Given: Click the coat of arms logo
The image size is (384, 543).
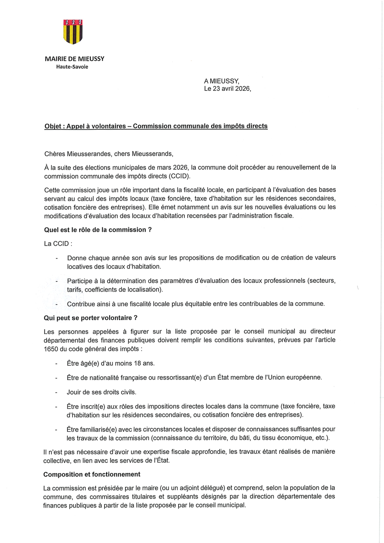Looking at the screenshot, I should click(73, 31).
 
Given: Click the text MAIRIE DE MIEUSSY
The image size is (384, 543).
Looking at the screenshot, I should click(75, 59).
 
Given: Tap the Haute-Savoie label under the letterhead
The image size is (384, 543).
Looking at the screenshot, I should click(73, 67).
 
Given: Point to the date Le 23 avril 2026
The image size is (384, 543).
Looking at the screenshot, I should click(227, 89).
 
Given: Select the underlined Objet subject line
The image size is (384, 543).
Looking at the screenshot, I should click(156, 126).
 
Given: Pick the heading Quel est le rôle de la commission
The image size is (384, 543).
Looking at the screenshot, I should click(98, 229).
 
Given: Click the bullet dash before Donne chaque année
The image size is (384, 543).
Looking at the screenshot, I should click(57, 258).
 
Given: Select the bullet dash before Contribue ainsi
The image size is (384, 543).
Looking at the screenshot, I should click(57, 304).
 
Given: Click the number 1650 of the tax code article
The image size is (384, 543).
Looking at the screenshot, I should click(50, 349).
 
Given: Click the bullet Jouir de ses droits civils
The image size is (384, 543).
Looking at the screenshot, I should click(102, 392).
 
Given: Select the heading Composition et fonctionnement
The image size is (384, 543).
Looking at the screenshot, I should click(92, 474).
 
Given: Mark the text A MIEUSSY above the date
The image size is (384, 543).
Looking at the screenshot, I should click(222, 81).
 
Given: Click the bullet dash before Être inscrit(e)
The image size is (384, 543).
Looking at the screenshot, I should click(57, 407).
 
